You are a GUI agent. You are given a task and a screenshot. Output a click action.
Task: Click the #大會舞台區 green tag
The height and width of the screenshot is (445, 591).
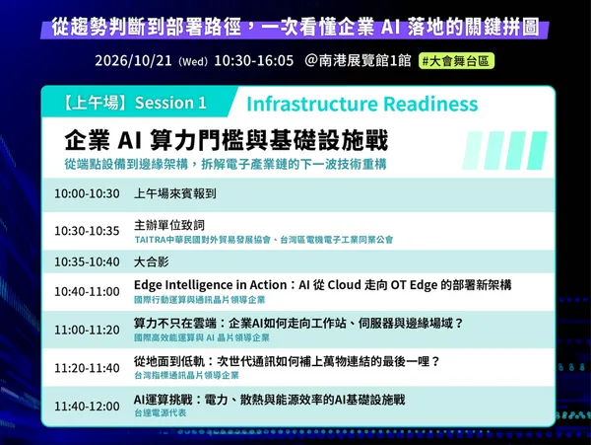click(456, 61)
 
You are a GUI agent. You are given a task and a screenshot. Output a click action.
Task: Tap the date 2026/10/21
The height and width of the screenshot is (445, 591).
click(133, 60)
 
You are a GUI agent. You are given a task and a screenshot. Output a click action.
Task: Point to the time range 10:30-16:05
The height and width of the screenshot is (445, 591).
click(254, 60)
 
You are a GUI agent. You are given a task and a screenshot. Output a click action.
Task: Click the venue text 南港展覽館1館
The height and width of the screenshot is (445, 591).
click(364, 60)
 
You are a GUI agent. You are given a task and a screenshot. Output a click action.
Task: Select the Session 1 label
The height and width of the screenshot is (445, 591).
click(170, 103)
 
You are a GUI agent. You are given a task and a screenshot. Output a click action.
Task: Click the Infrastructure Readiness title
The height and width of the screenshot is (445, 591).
click(362, 104)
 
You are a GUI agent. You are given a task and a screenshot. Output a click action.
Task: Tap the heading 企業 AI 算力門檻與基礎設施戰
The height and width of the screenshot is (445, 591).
click(227, 140)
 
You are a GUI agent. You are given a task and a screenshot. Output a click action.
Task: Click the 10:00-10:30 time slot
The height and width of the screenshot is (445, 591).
click(87, 193)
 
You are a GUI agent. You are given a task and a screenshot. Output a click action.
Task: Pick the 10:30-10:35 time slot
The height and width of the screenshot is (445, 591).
click(87, 231)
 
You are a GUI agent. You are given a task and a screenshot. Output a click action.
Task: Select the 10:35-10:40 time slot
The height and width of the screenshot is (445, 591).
click(87, 261)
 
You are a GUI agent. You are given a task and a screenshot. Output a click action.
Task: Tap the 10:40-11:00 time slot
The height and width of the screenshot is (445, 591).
click(87, 291)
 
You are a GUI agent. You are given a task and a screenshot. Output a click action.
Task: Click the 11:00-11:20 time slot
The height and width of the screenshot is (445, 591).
click(87, 330)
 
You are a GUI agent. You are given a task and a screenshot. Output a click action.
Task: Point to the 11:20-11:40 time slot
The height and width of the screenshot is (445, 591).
click(87, 368)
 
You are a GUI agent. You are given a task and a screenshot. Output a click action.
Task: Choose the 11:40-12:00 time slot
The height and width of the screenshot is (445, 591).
click(87, 407)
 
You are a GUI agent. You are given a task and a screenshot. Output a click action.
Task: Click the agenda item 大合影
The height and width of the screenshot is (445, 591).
click(152, 261)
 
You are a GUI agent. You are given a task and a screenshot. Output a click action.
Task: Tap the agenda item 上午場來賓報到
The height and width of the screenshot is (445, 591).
click(175, 193)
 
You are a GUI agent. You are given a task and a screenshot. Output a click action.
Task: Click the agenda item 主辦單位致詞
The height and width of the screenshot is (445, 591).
click(169, 225)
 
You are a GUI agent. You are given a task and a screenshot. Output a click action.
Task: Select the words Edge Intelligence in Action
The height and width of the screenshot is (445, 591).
click(211, 285)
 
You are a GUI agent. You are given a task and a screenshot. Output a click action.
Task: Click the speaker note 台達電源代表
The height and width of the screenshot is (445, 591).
click(161, 412)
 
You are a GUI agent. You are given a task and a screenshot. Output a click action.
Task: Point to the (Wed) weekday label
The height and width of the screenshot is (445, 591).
click(193, 61)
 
